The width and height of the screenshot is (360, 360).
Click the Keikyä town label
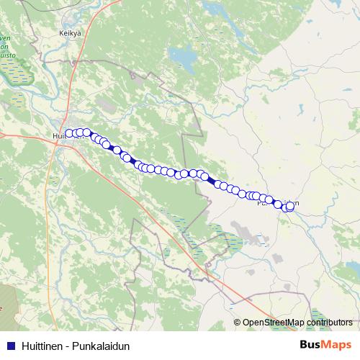point(69,33)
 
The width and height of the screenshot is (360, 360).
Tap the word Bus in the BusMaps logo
point(311,345)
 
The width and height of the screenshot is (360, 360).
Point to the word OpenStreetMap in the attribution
point(272,323)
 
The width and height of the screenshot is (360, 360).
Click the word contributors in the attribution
point(328,323)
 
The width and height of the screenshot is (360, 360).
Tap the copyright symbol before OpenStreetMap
point(238,323)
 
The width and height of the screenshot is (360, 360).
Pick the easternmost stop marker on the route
point(291,206)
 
